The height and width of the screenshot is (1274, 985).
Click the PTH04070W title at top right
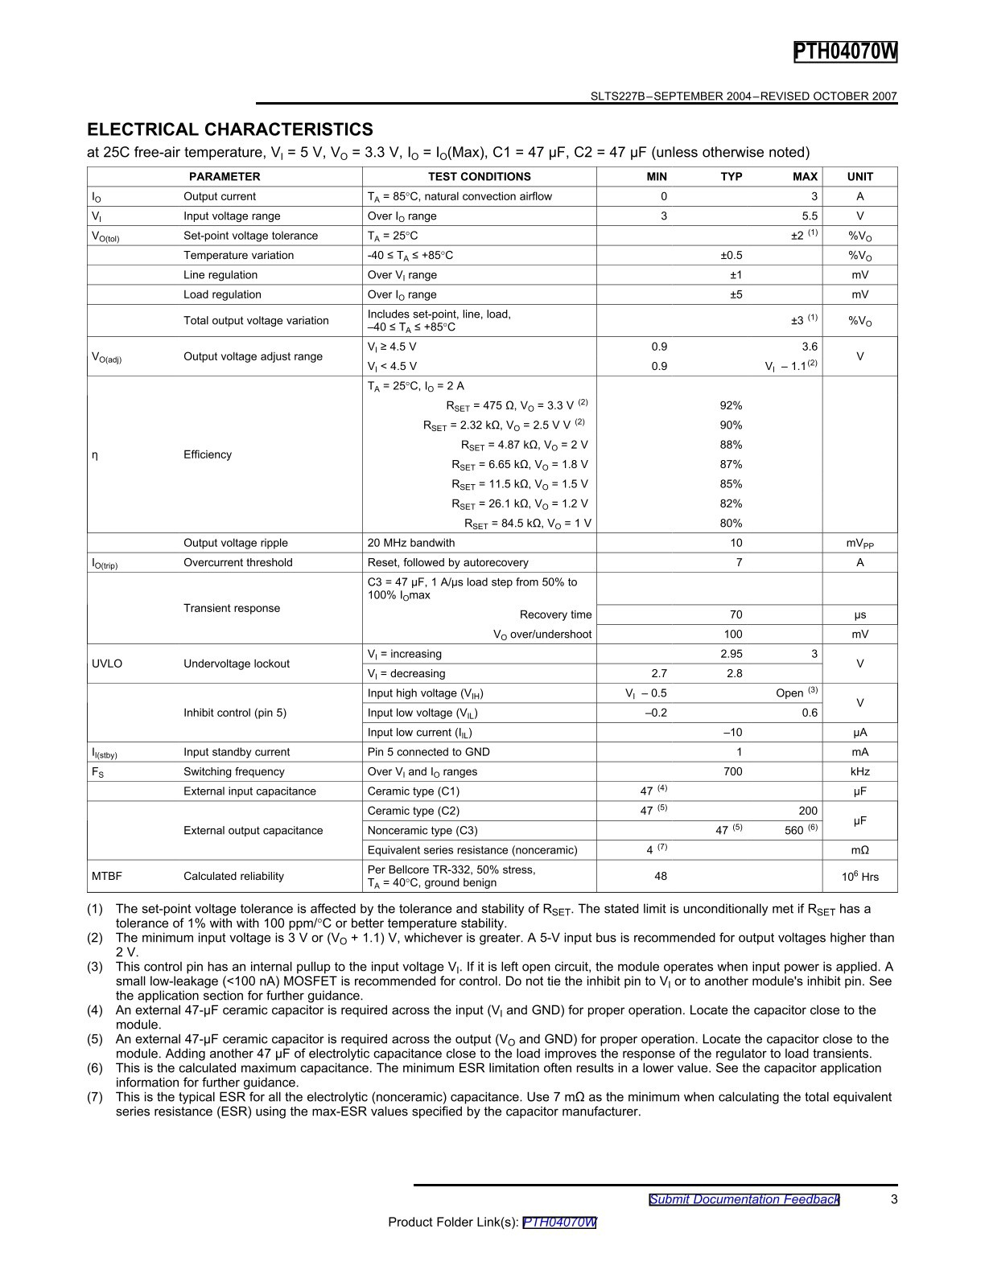click(x=845, y=52)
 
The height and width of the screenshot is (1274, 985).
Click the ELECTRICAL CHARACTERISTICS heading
click(x=230, y=129)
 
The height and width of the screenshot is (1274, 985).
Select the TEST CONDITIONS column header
click(x=479, y=177)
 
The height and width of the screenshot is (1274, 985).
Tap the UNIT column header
click(x=859, y=177)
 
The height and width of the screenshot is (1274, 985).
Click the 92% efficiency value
click(x=731, y=405)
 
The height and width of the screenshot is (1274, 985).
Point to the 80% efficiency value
click(x=731, y=523)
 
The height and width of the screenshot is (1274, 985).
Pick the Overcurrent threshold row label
click(x=238, y=562)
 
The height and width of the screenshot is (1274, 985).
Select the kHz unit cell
click(x=859, y=771)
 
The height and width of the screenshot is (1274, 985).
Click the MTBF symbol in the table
click(x=107, y=876)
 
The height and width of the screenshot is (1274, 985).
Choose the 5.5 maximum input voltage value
click(x=809, y=216)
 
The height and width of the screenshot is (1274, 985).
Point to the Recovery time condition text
click(x=555, y=614)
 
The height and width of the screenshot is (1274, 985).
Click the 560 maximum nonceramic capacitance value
click(x=793, y=831)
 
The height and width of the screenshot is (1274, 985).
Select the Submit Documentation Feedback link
click(x=744, y=1199)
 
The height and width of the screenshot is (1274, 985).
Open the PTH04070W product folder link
click(x=559, y=1222)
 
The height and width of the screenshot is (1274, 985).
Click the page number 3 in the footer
click(x=894, y=1199)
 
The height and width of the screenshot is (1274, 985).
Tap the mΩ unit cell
click(x=859, y=850)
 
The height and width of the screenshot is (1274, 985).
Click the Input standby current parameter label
click(x=237, y=752)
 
